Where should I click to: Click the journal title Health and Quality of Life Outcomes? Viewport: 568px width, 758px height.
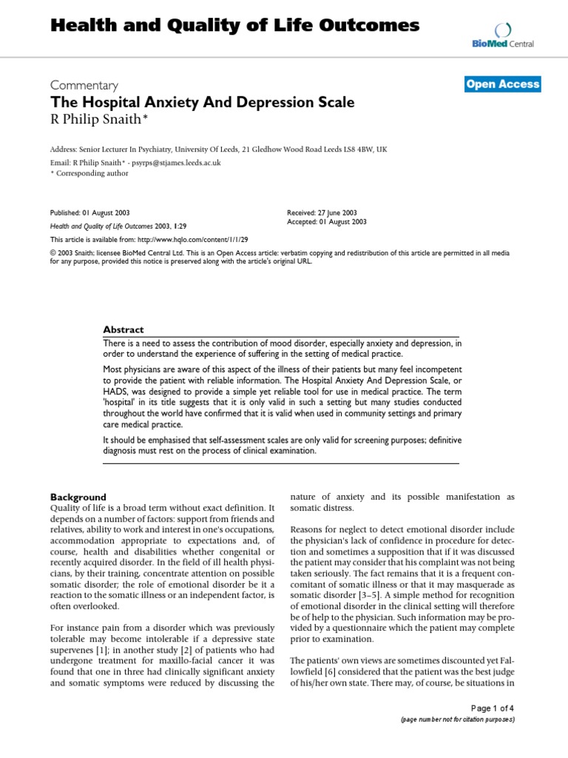tap(234, 26)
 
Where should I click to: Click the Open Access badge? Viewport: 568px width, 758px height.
tap(503, 84)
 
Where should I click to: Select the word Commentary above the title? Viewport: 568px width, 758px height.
tap(84, 85)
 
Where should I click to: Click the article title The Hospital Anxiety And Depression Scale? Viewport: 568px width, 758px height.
tap(202, 102)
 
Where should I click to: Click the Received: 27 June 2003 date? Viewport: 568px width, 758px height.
tap(322, 212)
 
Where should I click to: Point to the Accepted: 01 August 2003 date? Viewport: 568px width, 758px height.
tap(326, 221)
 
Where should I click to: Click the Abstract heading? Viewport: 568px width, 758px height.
tap(124, 330)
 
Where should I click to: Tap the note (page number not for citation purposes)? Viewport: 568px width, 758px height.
tap(457, 719)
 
